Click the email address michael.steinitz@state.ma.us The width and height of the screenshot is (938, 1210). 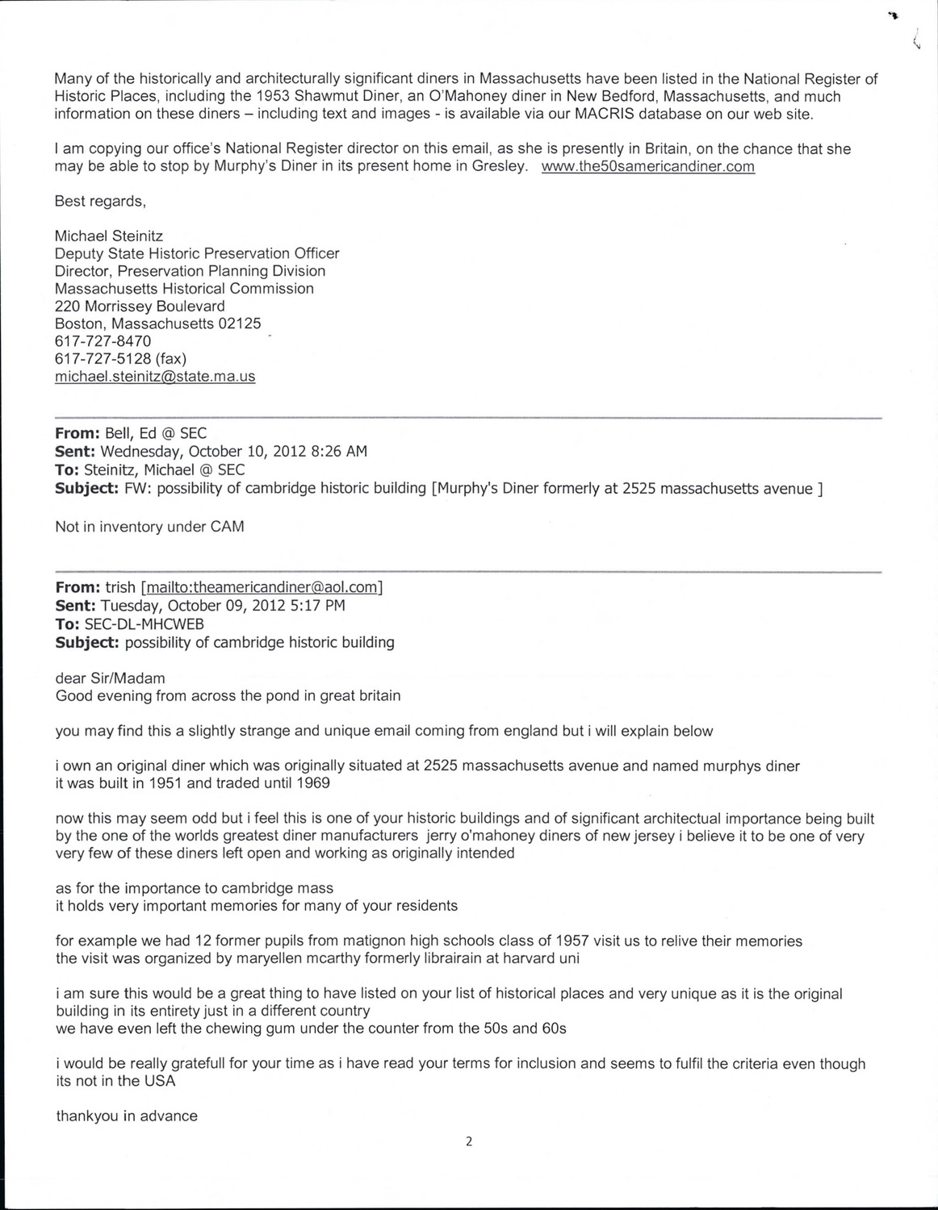pos(155,377)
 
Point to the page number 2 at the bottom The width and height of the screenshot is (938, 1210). pos(468,1141)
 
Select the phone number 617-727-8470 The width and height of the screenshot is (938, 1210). pos(103,341)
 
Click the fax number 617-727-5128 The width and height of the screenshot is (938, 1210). pos(103,359)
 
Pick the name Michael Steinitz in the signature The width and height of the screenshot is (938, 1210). pos(108,236)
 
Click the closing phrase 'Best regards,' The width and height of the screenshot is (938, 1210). pos(100,201)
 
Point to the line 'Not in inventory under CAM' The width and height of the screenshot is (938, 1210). pos(149,527)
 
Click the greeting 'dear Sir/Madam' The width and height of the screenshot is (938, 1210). pos(110,678)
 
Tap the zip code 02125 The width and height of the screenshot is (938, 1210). pos(240,323)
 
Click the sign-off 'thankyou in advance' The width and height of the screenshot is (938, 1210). pos(127,1116)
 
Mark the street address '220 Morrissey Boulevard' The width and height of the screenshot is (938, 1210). pos(140,307)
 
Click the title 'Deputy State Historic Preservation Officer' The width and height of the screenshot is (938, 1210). pos(197,253)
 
